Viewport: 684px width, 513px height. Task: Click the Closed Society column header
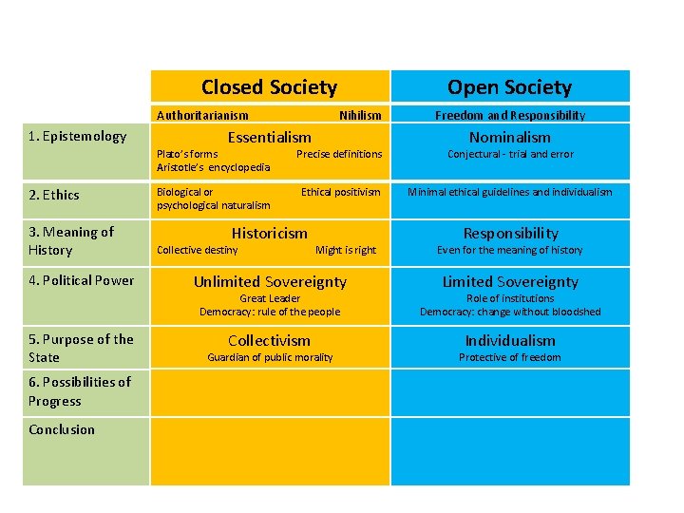269,87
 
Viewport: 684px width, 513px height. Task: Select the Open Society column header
509,87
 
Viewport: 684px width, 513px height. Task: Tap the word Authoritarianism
202,115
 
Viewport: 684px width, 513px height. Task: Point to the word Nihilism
360,115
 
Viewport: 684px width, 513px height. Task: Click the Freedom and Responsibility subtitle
510,115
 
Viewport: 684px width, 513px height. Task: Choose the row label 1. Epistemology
77,136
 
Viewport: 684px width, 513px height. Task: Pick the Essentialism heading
269,138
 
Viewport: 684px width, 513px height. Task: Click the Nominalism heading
510,138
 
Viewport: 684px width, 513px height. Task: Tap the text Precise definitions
339,154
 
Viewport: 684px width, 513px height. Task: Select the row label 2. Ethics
54,195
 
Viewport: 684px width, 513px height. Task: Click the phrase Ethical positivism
340,192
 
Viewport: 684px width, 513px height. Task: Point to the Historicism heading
270,233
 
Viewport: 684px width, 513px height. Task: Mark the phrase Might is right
346,250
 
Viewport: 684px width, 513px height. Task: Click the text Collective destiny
198,250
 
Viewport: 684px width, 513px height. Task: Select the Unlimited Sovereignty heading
270,281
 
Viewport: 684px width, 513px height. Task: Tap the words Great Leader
270,298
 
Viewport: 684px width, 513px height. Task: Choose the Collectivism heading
270,340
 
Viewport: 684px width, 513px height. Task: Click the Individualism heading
510,340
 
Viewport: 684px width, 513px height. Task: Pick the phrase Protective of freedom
510,357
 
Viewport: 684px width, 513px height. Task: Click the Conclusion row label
62,429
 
